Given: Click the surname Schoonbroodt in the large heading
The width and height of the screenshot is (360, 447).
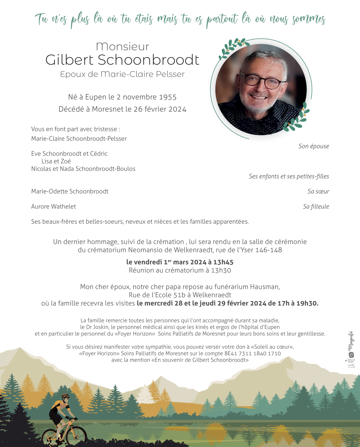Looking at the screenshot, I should tap(148, 60).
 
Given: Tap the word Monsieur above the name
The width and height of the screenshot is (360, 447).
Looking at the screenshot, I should tap(122, 47).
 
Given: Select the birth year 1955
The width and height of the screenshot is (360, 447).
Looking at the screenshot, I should tap(168, 97).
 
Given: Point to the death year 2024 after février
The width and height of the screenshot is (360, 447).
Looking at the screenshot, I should tap(177, 109).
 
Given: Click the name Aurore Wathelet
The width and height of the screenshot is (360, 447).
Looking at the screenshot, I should tap(54, 206).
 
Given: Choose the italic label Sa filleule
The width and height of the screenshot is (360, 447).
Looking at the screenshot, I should tap(316, 206).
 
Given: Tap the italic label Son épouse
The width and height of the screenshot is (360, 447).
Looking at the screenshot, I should tap(313, 146).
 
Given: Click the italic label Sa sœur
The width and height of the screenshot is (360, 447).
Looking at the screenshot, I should tap(318, 191).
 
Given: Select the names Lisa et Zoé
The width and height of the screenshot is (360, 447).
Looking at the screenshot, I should tap(56, 161).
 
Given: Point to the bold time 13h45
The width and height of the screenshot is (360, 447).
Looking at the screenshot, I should tap(223, 262).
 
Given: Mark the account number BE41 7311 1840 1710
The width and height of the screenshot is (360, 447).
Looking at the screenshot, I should tap(253, 353).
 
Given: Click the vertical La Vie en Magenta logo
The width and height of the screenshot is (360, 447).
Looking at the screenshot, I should tap(351, 350).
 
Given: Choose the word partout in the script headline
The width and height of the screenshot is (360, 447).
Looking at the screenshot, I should tap(222, 20).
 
